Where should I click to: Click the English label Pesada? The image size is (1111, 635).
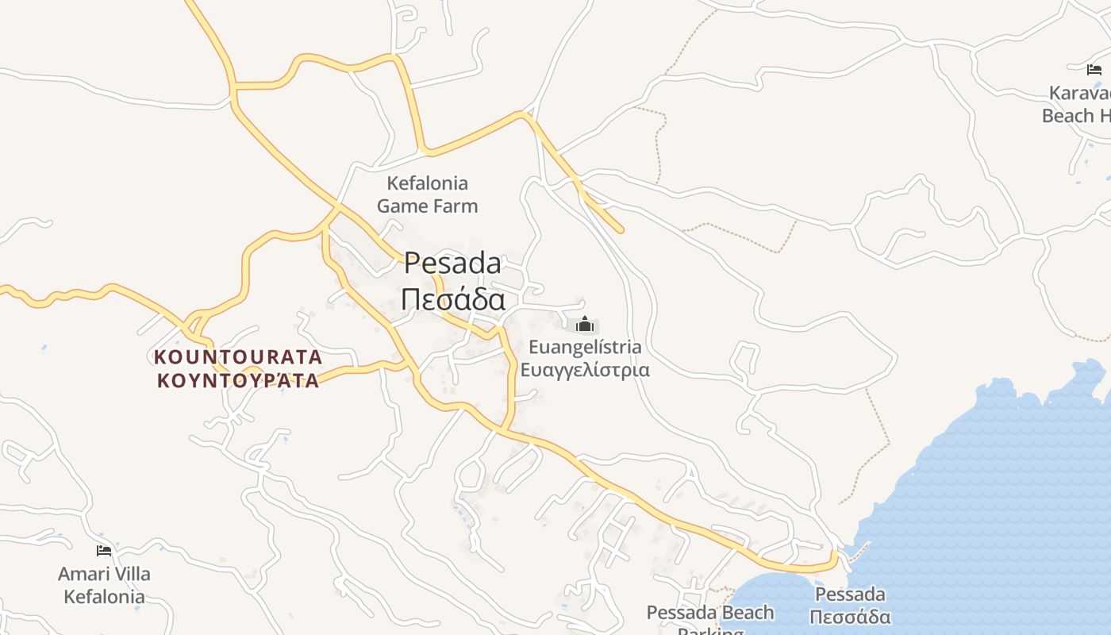[452, 264]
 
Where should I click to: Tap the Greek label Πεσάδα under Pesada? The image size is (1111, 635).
[452, 300]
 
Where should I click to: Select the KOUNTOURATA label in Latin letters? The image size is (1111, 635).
[238, 356]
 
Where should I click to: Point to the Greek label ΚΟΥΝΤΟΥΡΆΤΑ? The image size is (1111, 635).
[238, 381]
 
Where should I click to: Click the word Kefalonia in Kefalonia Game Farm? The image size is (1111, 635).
[427, 183]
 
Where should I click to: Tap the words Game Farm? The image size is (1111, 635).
[427, 206]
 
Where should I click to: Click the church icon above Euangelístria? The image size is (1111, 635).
[585, 324]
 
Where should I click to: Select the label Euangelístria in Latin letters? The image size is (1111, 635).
[585, 347]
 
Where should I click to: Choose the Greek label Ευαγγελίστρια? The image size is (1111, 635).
[585, 370]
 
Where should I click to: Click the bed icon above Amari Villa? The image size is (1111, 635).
[104, 550]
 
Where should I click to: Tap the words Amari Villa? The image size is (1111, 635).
[104, 574]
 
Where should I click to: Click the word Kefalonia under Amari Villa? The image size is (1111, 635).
[104, 597]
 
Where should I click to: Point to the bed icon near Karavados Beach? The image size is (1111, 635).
[1094, 70]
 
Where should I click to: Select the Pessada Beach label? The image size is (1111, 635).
[709, 613]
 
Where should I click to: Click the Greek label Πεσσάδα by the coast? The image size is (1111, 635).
[852, 618]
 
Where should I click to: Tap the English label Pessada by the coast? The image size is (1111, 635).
[850, 595]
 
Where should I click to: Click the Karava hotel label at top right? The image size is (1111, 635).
[1079, 93]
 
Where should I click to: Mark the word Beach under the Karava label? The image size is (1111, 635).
[1067, 116]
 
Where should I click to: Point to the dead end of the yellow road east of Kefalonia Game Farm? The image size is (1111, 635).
[621, 230]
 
